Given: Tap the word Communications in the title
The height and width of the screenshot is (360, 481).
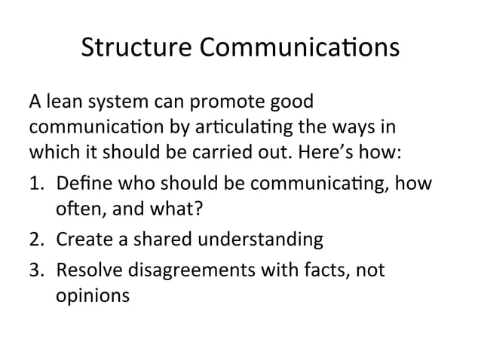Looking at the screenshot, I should pyautogui.click(x=297, y=47).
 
